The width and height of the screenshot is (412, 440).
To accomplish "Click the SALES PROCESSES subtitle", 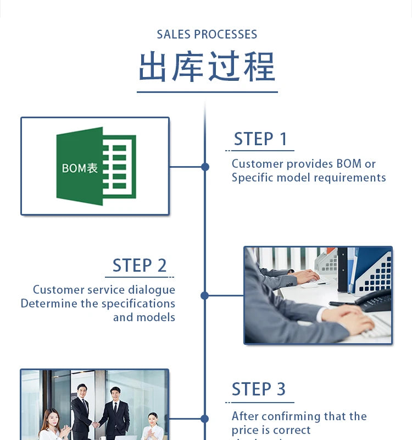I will point(207,34).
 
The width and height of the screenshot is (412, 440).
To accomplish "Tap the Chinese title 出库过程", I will point(207,67).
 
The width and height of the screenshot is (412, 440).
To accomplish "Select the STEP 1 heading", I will point(260,139).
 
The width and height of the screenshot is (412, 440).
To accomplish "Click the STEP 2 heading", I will point(140,266).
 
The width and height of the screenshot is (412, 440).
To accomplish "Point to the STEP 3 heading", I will point(259,389).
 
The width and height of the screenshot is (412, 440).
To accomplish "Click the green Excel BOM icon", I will point(96,166).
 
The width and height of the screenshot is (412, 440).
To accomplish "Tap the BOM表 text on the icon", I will point(80,168).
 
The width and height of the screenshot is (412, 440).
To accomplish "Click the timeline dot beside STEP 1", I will point(205,167).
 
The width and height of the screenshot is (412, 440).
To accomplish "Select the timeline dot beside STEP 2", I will point(205,295).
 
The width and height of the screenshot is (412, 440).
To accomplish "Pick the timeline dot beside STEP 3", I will point(205,419).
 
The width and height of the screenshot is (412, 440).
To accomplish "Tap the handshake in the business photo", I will point(96,424).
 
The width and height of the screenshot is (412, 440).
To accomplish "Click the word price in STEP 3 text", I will point(246,430).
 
